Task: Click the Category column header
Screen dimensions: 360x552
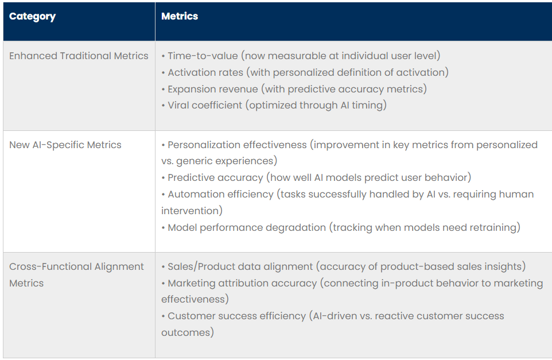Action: tap(32, 17)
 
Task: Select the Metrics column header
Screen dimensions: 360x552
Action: tap(180, 17)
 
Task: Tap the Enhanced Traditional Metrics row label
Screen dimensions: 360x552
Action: tap(79, 56)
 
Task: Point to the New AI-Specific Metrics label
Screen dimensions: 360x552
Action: tap(65, 145)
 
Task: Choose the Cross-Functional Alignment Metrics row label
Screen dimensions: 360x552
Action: tap(76, 266)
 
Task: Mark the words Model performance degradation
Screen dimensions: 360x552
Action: tap(247, 227)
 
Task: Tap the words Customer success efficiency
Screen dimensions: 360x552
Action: tap(237, 316)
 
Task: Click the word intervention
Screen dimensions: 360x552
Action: tap(191, 211)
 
